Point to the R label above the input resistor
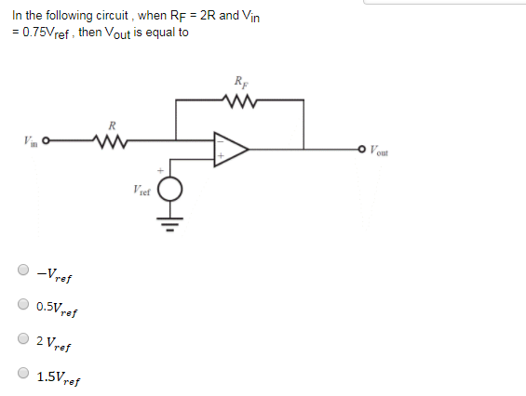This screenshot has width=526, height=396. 112,125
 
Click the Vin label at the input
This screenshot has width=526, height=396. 30,142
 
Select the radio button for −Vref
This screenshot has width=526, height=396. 22,271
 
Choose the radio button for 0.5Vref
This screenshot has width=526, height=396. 22,305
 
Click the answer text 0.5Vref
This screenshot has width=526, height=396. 57,308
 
